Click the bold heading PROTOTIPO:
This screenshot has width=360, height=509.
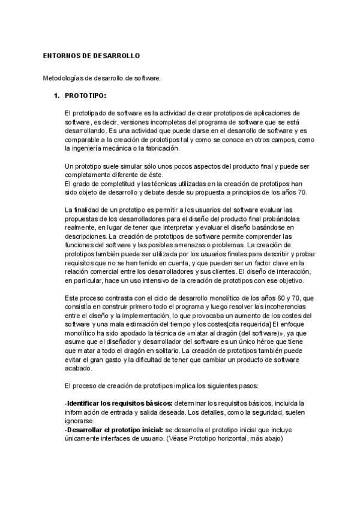tap(86, 95)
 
